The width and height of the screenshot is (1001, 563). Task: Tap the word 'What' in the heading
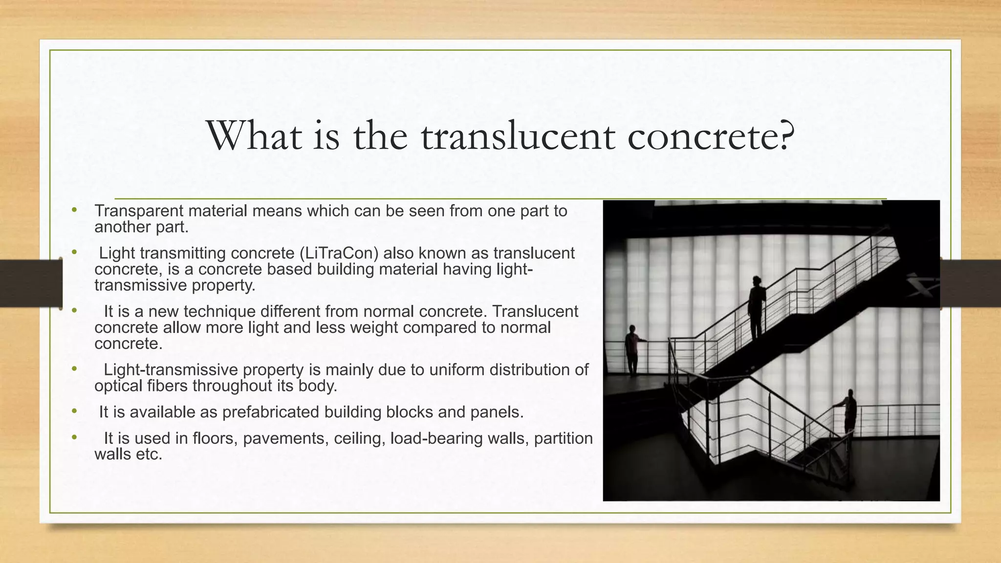pos(254,136)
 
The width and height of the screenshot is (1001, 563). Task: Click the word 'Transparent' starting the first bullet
pos(139,211)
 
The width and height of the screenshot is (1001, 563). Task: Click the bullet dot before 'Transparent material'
pos(74,210)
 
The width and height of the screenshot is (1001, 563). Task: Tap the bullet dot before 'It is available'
pos(74,411)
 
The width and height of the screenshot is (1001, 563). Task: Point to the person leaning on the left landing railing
pos(632,349)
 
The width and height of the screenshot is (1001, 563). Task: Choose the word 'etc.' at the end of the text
pos(149,455)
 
